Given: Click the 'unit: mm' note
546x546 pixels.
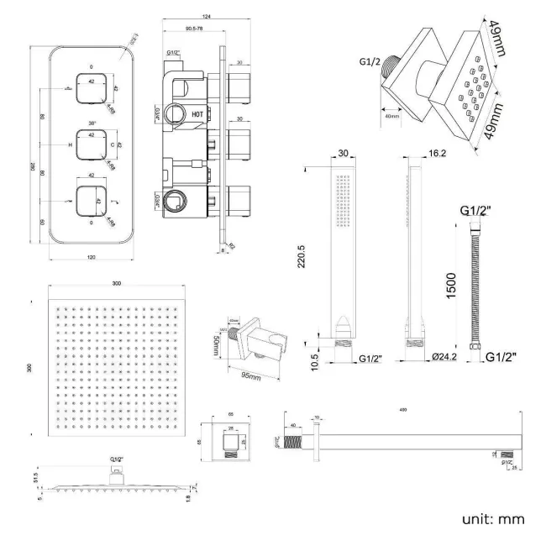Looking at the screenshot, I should [x=492, y=518].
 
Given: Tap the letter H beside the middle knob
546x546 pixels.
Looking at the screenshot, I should [x=71, y=145].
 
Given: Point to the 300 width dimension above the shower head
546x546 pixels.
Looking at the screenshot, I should [x=116, y=285].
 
